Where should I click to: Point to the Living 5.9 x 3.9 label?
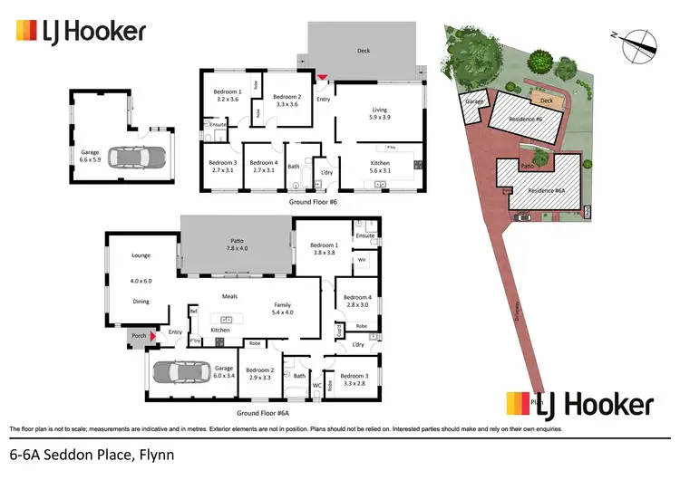coord(379,114)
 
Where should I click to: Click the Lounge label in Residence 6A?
coord(141,255)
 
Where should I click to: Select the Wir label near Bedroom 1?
coord(360,260)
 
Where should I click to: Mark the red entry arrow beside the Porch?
coord(152,337)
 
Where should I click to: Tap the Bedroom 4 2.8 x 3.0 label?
coord(356,302)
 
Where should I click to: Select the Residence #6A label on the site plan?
coord(548,191)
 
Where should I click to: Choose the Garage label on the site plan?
coord(474,103)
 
